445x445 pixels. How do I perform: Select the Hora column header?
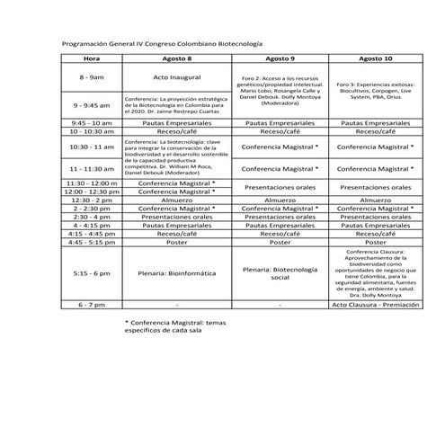coord(91,58)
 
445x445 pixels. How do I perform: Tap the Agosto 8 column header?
coord(176,58)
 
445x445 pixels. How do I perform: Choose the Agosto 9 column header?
coord(280,58)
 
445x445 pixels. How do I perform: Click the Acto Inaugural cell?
coord(176,78)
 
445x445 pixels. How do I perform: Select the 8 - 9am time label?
coord(91,78)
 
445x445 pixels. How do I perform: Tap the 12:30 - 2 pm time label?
coord(91,200)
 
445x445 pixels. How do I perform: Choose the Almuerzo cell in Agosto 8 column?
coord(176,200)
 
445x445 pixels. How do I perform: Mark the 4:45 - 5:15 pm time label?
coord(91,242)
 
